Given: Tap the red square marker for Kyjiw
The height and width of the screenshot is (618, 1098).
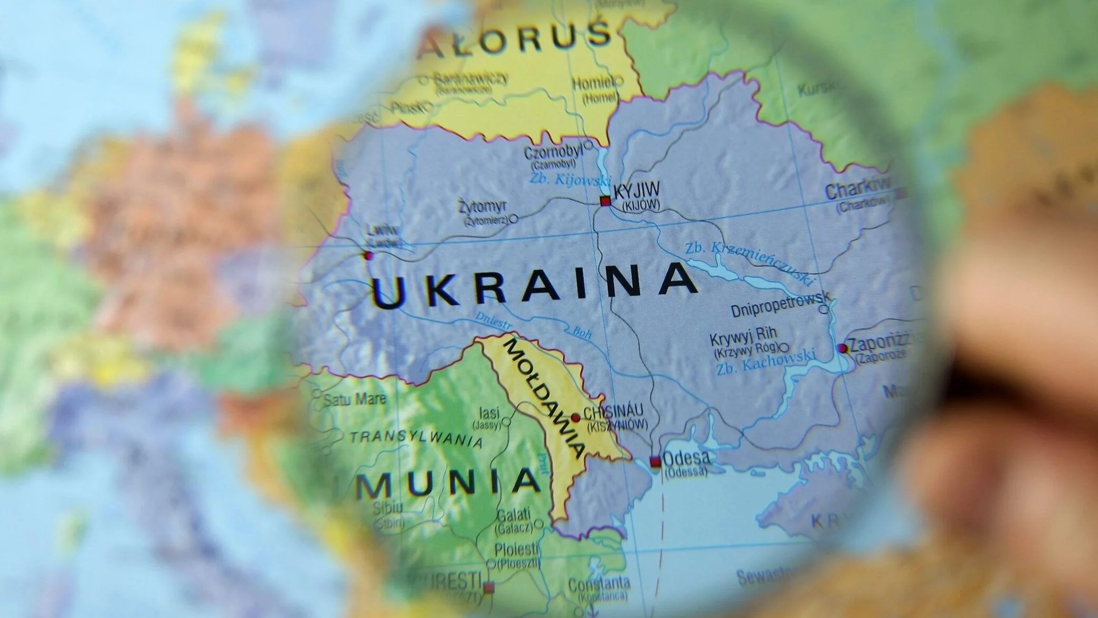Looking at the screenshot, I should [605, 201].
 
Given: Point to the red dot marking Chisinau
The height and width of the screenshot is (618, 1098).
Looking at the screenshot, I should [576, 418].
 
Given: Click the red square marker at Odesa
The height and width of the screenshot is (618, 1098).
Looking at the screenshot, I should [655, 462].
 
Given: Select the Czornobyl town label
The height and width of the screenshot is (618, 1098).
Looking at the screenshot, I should [553, 153].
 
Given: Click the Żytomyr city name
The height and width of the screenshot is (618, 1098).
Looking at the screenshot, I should [482, 206].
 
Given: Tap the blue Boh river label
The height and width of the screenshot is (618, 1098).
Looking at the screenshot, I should [582, 332].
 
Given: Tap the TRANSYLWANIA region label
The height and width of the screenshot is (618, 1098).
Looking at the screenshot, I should [417, 438].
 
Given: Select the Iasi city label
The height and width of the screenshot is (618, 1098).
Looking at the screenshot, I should [489, 413].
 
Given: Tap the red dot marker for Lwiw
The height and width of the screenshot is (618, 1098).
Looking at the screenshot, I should [368, 256].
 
